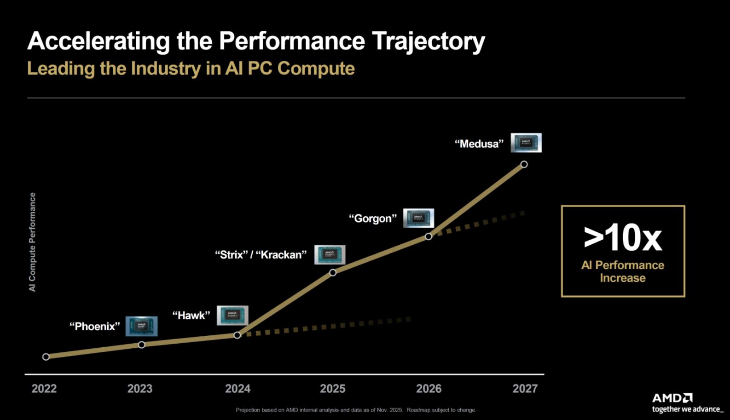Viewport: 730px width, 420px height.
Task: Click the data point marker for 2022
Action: click(46, 357)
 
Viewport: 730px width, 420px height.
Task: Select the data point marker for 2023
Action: click(142, 345)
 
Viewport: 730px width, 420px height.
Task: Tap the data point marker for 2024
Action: click(237, 335)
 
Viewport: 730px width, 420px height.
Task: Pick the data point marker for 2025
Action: click(333, 272)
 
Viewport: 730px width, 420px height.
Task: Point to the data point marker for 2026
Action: click(429, 236)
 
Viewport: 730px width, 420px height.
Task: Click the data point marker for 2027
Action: click(524, 164)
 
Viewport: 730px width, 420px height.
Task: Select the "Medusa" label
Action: click(479, 144)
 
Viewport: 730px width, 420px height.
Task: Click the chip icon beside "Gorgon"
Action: click(418, 218)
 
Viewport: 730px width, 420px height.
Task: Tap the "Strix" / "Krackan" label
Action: click(261, 255)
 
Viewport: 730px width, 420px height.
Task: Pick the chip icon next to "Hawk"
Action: click(232, 315)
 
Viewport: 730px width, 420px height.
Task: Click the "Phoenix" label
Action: click(94, 327)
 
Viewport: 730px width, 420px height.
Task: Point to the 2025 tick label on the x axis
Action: click(333, 389)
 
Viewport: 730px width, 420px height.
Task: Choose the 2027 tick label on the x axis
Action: click(525, 389)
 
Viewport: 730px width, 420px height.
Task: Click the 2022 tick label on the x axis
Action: click(44, 389)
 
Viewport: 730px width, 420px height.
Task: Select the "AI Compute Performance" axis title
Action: click(32, 242)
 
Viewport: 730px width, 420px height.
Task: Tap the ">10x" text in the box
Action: click(622, 238)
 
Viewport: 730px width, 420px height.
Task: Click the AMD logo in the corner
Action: click(672, 398)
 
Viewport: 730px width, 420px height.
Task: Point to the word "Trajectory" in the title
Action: click(428, 41)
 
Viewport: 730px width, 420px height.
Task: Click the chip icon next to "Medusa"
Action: click(526, 143)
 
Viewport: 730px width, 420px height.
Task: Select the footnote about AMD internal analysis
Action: click(356, 410)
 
